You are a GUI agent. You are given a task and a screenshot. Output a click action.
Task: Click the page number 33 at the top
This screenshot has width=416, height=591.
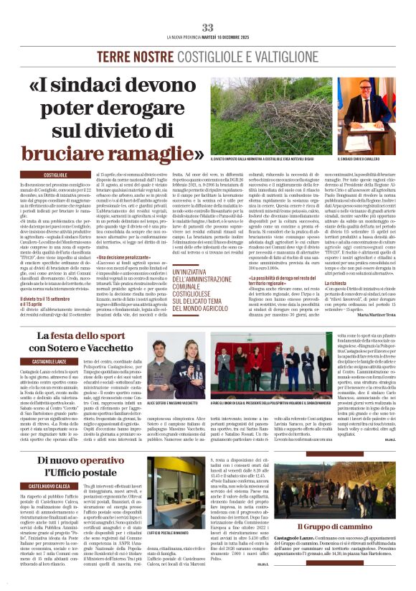click(207, 27)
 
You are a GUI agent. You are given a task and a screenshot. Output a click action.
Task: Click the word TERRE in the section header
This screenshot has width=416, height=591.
click(115, 55)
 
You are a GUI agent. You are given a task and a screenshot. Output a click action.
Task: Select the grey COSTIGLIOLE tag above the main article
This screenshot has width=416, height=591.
click(60, 174)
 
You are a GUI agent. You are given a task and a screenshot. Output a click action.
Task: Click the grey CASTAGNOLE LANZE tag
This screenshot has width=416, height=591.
click(49, 361)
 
